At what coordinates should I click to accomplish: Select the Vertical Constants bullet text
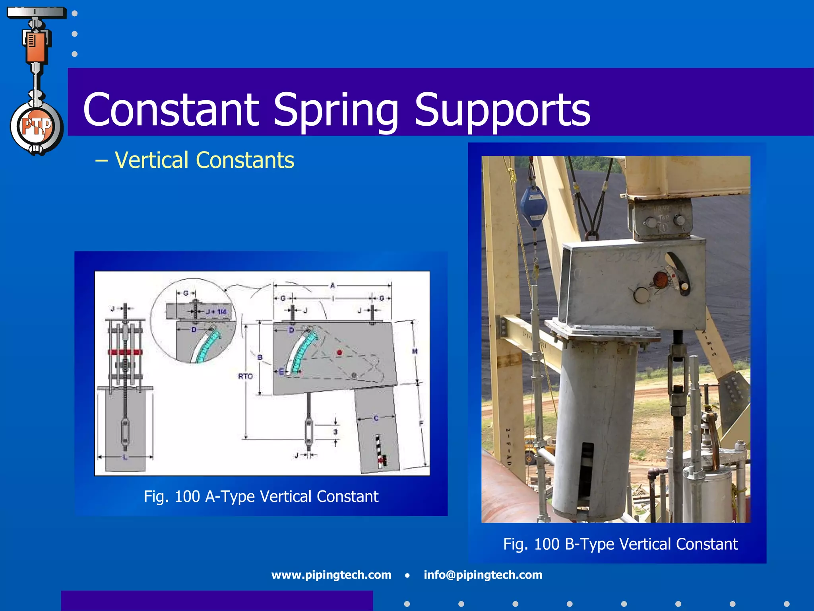coord(204,160)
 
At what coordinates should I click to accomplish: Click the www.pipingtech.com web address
coord(331,575)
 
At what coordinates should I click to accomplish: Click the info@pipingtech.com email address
coord(483,575)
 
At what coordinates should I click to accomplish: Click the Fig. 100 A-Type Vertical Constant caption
coord(261,496)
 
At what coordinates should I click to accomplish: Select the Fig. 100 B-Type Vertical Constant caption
coord(620,544)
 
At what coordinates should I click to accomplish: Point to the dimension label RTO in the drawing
coord(245,376)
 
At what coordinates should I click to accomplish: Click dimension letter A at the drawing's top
coord(333,285)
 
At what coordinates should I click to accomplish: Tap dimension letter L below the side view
coord(125,457)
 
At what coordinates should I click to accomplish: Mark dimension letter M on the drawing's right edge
coord(415,351)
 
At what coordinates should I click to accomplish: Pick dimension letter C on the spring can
coord(376,418)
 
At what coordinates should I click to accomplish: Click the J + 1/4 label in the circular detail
coord(216,311)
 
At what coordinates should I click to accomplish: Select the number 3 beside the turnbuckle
coord(335,432)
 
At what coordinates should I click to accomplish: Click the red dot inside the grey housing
coord(339,352)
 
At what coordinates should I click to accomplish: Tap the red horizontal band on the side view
coord(125,352)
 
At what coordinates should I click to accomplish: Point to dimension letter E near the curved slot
coord(281,372)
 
